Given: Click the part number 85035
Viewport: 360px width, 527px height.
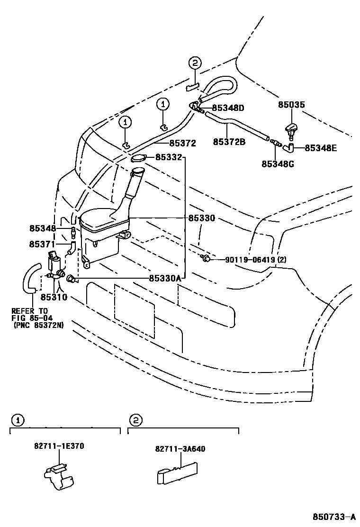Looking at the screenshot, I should coord(291,105).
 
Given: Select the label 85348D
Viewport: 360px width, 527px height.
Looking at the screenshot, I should coord(228,108).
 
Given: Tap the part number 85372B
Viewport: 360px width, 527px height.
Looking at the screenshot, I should coord(229,142).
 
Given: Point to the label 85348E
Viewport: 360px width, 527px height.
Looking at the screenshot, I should coord(321,148).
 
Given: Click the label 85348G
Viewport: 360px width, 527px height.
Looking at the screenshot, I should coord(278,164).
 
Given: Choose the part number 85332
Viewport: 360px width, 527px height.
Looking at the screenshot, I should coord(169,157).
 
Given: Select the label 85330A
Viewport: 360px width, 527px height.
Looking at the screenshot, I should coord(165,279).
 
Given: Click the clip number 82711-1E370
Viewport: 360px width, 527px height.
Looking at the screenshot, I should coord(59,446).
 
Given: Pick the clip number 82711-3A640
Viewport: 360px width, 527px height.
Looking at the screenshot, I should coord(180,449).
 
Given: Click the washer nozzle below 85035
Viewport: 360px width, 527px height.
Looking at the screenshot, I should coord(290,129).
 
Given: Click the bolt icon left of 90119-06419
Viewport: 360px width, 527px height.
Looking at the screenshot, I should coord(206,258).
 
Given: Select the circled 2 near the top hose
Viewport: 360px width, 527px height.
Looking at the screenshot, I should coord(195,63).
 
